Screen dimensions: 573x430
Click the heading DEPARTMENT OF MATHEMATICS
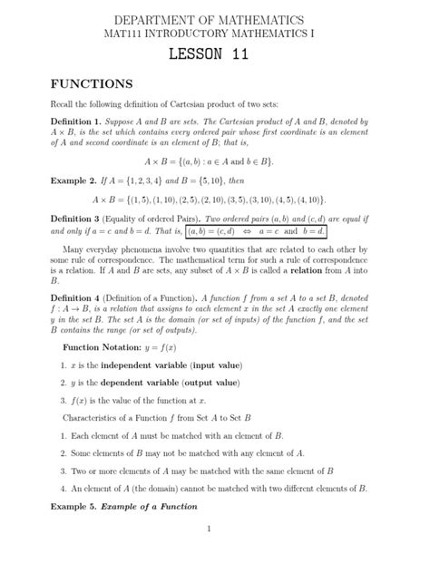click(x=215, y=19)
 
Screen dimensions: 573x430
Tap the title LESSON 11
click(x=215, y=56)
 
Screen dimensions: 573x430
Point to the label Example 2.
click(x=75, y=180)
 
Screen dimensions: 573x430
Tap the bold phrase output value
click(x=211, y=382)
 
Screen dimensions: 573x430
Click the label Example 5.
click(x=75, y=507)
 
